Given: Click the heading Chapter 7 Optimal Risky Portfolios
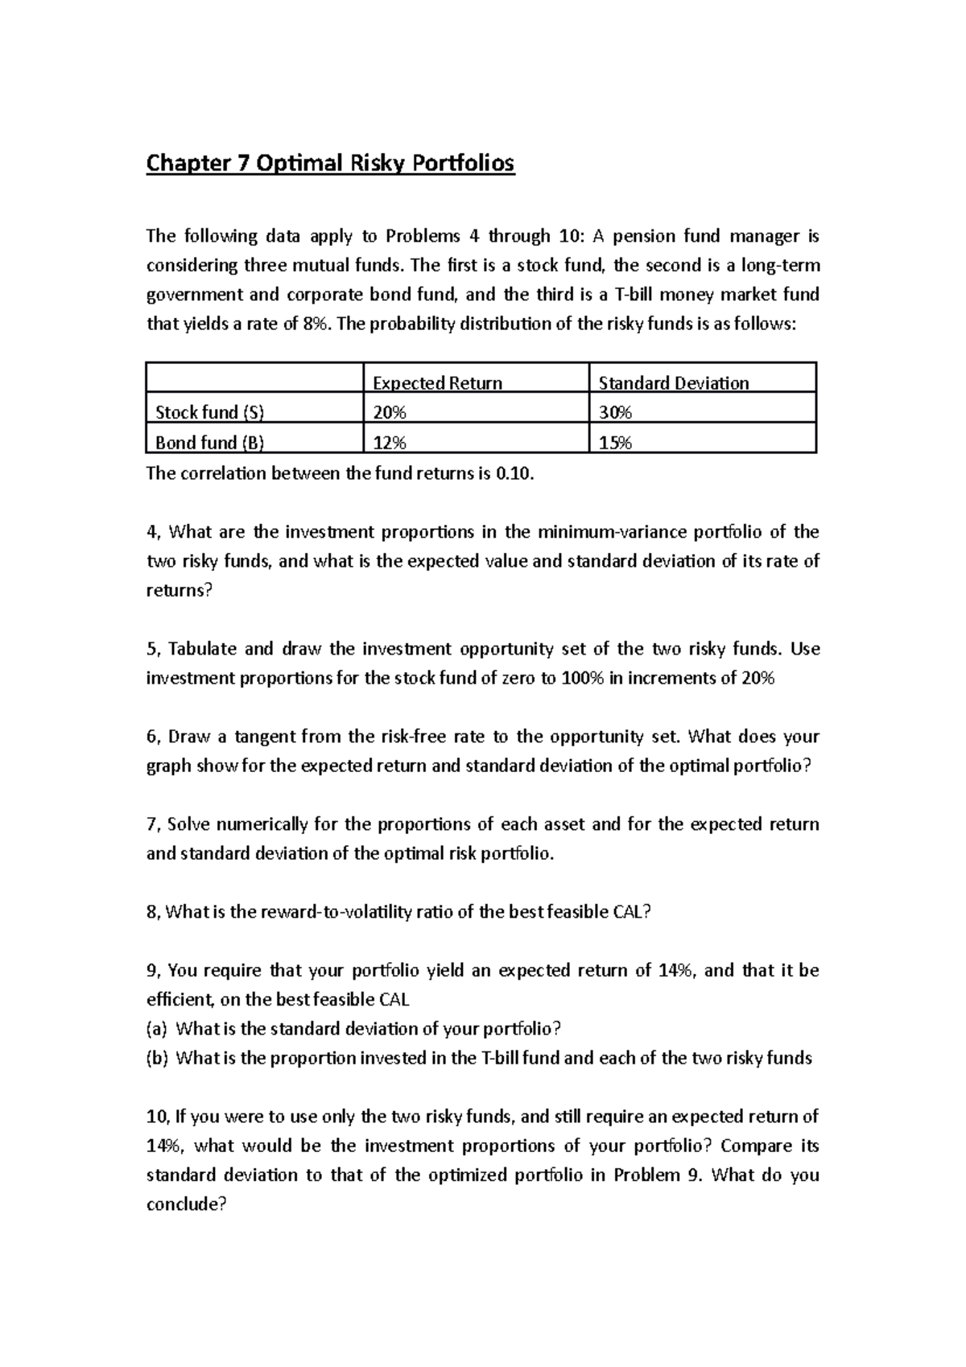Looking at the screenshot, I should coord(329,163).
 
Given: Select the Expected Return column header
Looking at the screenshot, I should coord(437,383).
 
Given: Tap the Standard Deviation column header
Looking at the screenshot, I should coord(673,383).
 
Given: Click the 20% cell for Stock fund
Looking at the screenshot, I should coord(390,413).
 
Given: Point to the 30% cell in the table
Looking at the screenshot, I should coord(615,413).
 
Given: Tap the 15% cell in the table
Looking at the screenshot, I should coord(615,443).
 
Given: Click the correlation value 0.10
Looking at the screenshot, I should coord(514,473).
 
